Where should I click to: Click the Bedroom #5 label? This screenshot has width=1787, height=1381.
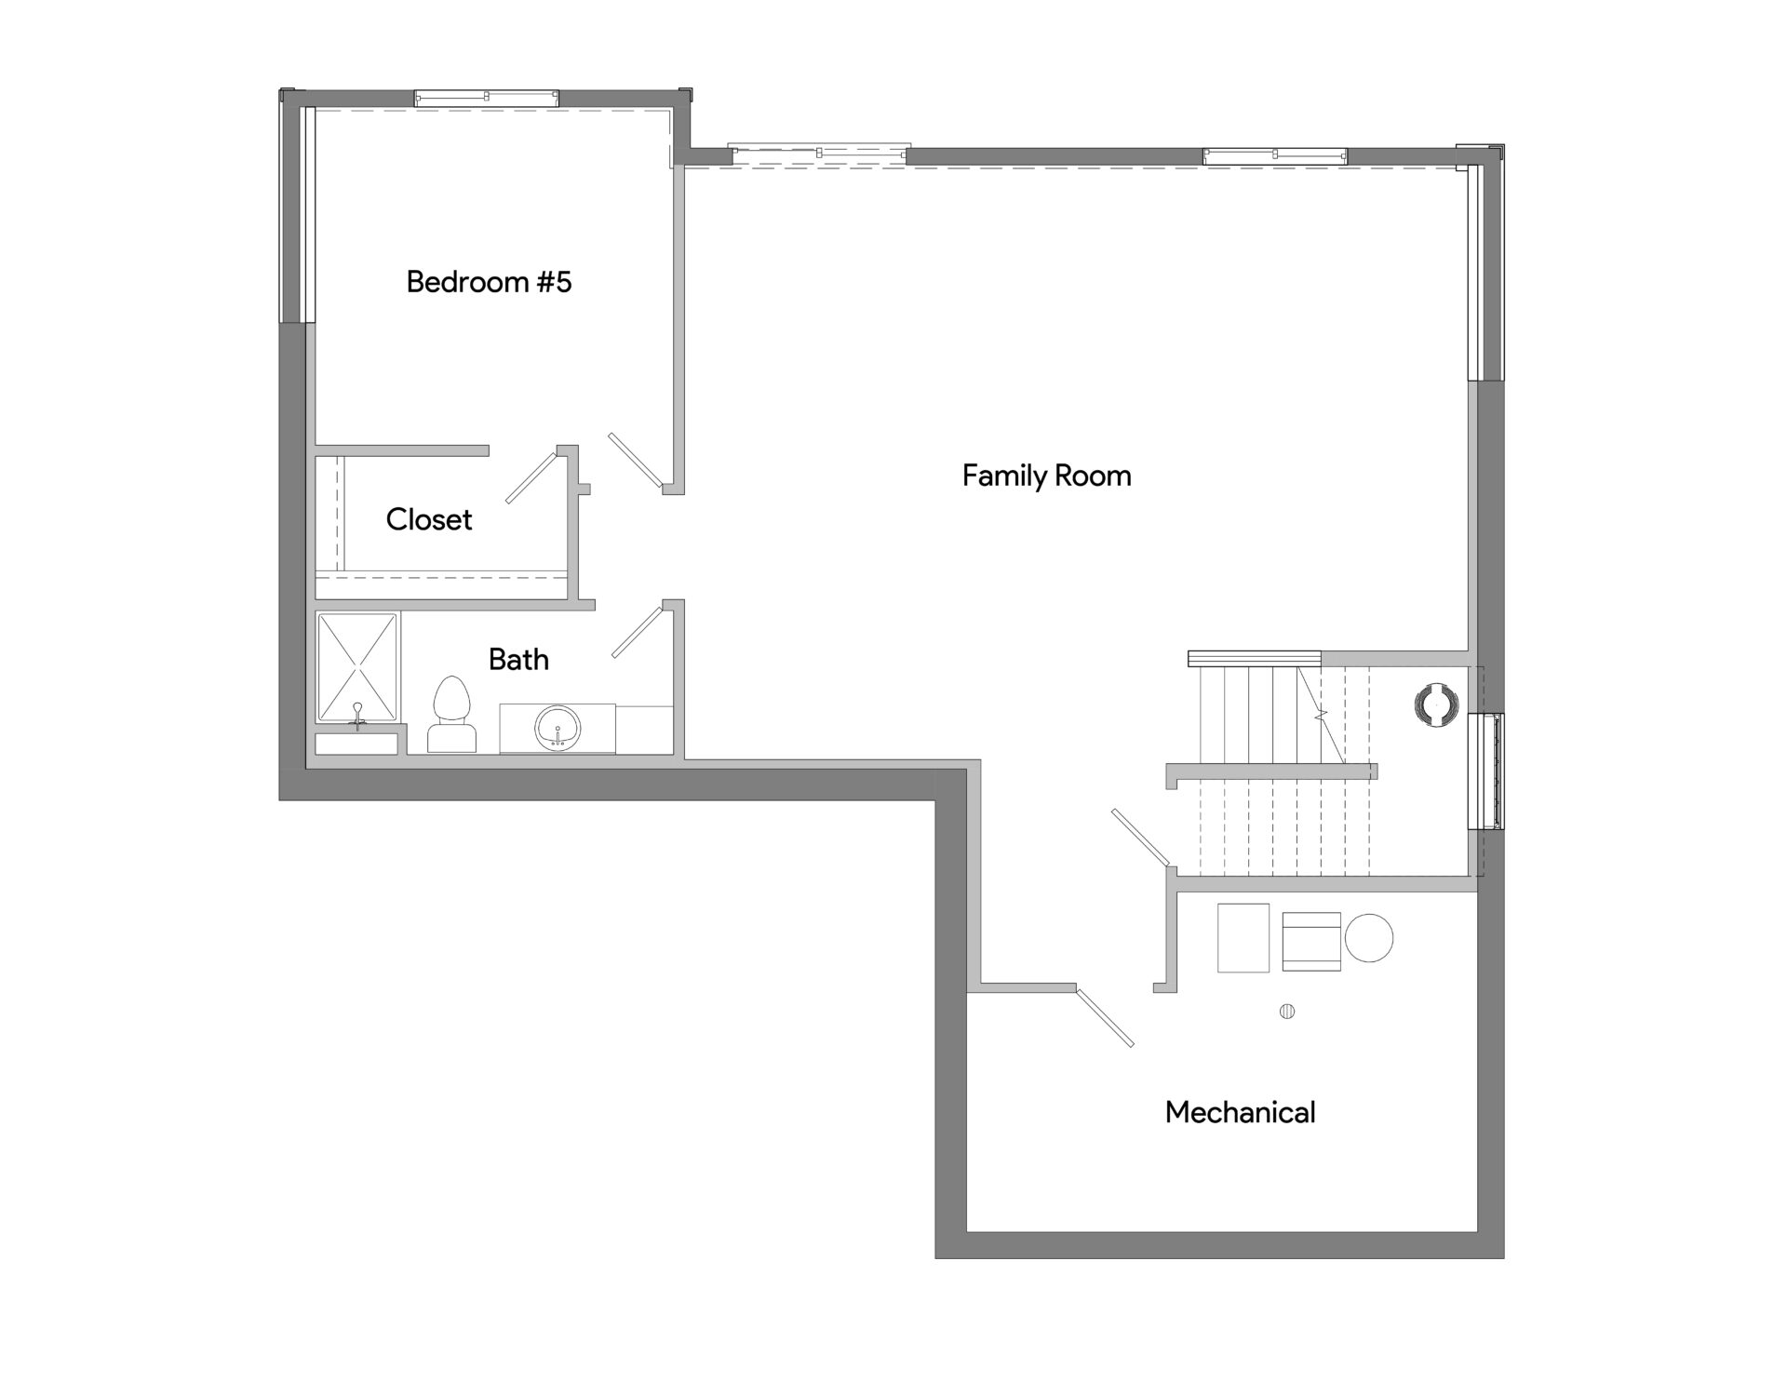(x=489, y=282)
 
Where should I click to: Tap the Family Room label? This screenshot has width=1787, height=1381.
(x=1046, y=476)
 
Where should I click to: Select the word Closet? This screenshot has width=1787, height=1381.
(x=429, y=519)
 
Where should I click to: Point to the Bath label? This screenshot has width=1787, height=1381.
(x=518, y=660)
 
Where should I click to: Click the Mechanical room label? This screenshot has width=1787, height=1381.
(x=1240, y=1112)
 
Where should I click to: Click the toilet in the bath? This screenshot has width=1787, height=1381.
(x=452, y=715)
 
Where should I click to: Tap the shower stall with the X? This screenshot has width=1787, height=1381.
(x=358, y=667)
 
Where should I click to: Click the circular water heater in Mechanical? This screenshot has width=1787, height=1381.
(x=1369, y=938)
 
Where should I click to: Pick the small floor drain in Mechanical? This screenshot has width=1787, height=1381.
(x=1287, y=1012)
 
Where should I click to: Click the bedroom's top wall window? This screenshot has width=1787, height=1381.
(x=486, y=98)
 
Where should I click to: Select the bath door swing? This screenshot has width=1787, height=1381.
(x=637, y=632)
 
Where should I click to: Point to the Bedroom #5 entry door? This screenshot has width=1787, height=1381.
(x=636, y=460)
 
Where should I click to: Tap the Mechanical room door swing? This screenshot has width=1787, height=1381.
(x=1105, y=1017)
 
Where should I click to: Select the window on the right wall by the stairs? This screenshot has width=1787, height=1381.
(x=1486, y=771)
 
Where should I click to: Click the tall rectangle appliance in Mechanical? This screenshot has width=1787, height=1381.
(x=1243, y=938)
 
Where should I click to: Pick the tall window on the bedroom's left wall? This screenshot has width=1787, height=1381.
(x=298, y=214)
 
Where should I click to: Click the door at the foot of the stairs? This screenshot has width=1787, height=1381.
(x=1140, y=838)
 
